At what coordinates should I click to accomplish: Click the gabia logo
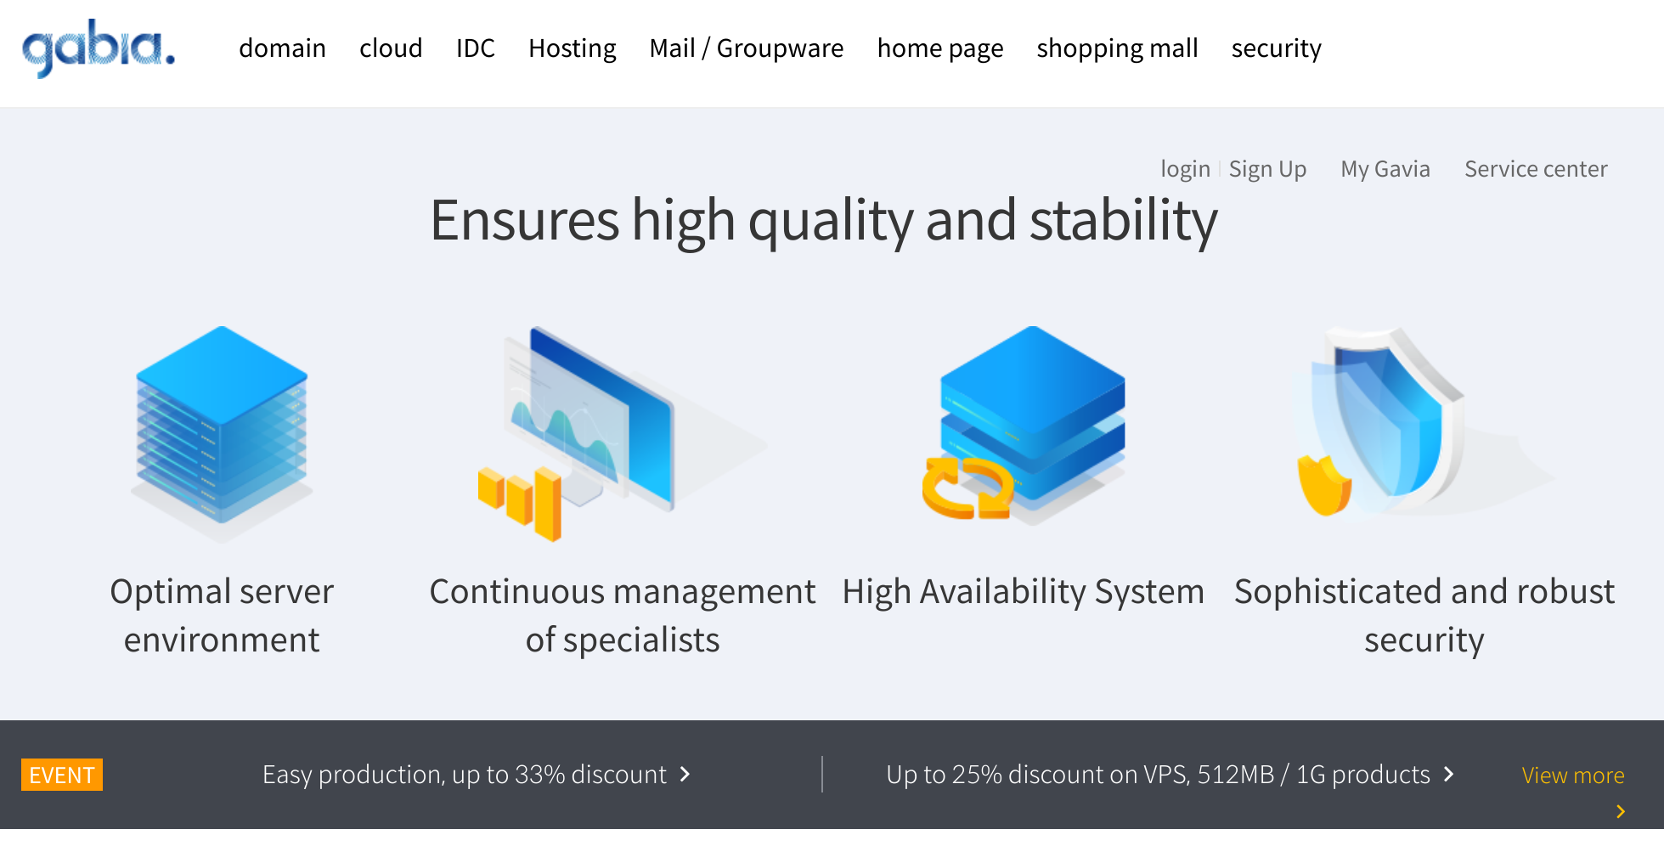click(99, 48)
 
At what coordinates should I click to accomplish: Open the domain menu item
click(282, 48)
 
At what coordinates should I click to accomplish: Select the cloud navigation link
click(391, 48)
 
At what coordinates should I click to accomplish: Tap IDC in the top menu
click(476, 48)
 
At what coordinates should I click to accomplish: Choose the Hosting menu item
click(573, 48)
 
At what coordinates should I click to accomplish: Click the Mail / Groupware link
click(747, 48)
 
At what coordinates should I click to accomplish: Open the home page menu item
click(940, 48)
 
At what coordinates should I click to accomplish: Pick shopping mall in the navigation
click(1118, 48)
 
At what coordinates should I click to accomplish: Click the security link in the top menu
click(1277, 48)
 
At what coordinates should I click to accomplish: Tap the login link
click(1186, 169)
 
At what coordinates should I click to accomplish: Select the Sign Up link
click(1268, 169)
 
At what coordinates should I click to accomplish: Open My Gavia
click(1385, 169)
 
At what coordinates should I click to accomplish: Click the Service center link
click(1536, 169)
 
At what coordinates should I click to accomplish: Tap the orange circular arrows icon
click(967, 488)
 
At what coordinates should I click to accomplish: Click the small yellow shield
click(1324, 485)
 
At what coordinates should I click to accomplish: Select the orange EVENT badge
click(62, 775)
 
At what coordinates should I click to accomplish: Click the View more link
click(1573, 775)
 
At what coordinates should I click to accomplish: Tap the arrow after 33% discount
click(685, 774)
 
